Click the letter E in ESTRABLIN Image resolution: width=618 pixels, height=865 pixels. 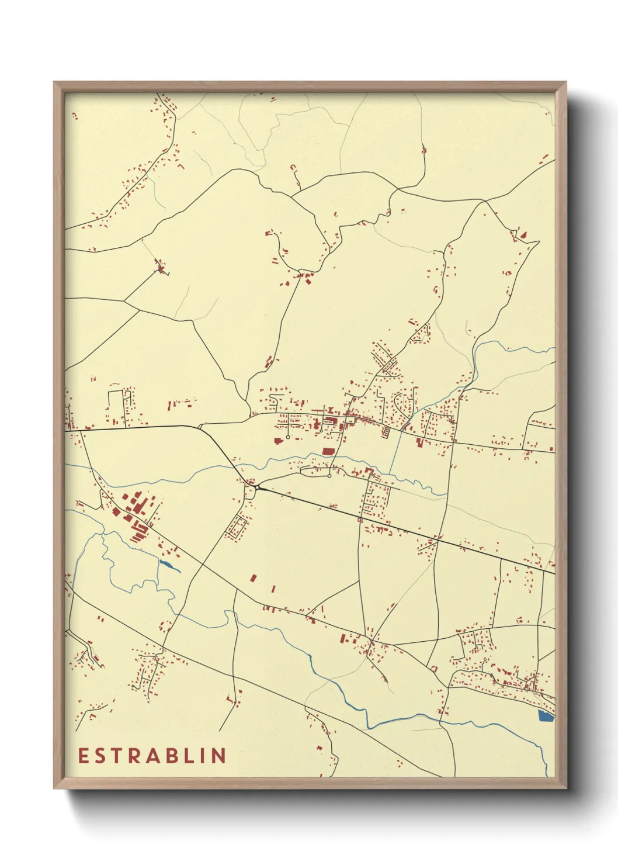[84, 756]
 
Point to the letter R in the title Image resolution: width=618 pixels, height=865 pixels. [136, 756]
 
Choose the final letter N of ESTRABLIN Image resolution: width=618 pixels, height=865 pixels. [220, 756]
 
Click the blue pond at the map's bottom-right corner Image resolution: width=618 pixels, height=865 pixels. [546, 716]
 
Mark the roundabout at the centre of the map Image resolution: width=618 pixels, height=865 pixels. [256, 487]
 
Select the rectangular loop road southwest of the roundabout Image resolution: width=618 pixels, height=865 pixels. [237, 526]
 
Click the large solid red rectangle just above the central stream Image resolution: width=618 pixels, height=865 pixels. [327, 451]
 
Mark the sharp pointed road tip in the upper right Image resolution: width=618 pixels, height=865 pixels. [538, 241]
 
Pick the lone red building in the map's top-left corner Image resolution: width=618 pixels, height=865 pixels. [74, 116]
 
